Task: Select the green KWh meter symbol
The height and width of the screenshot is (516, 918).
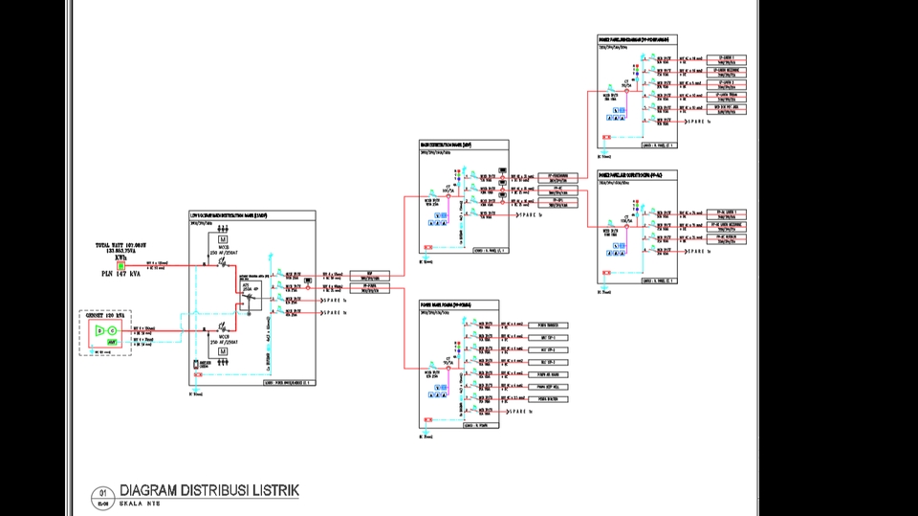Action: click(x=120, y=265)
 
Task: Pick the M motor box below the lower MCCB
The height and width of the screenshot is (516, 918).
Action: click(x=223, y=351)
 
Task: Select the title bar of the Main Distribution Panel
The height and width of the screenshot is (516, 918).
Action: click(x=464, y=145)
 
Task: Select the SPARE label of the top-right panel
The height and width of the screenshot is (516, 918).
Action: click(x=697, y=122)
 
